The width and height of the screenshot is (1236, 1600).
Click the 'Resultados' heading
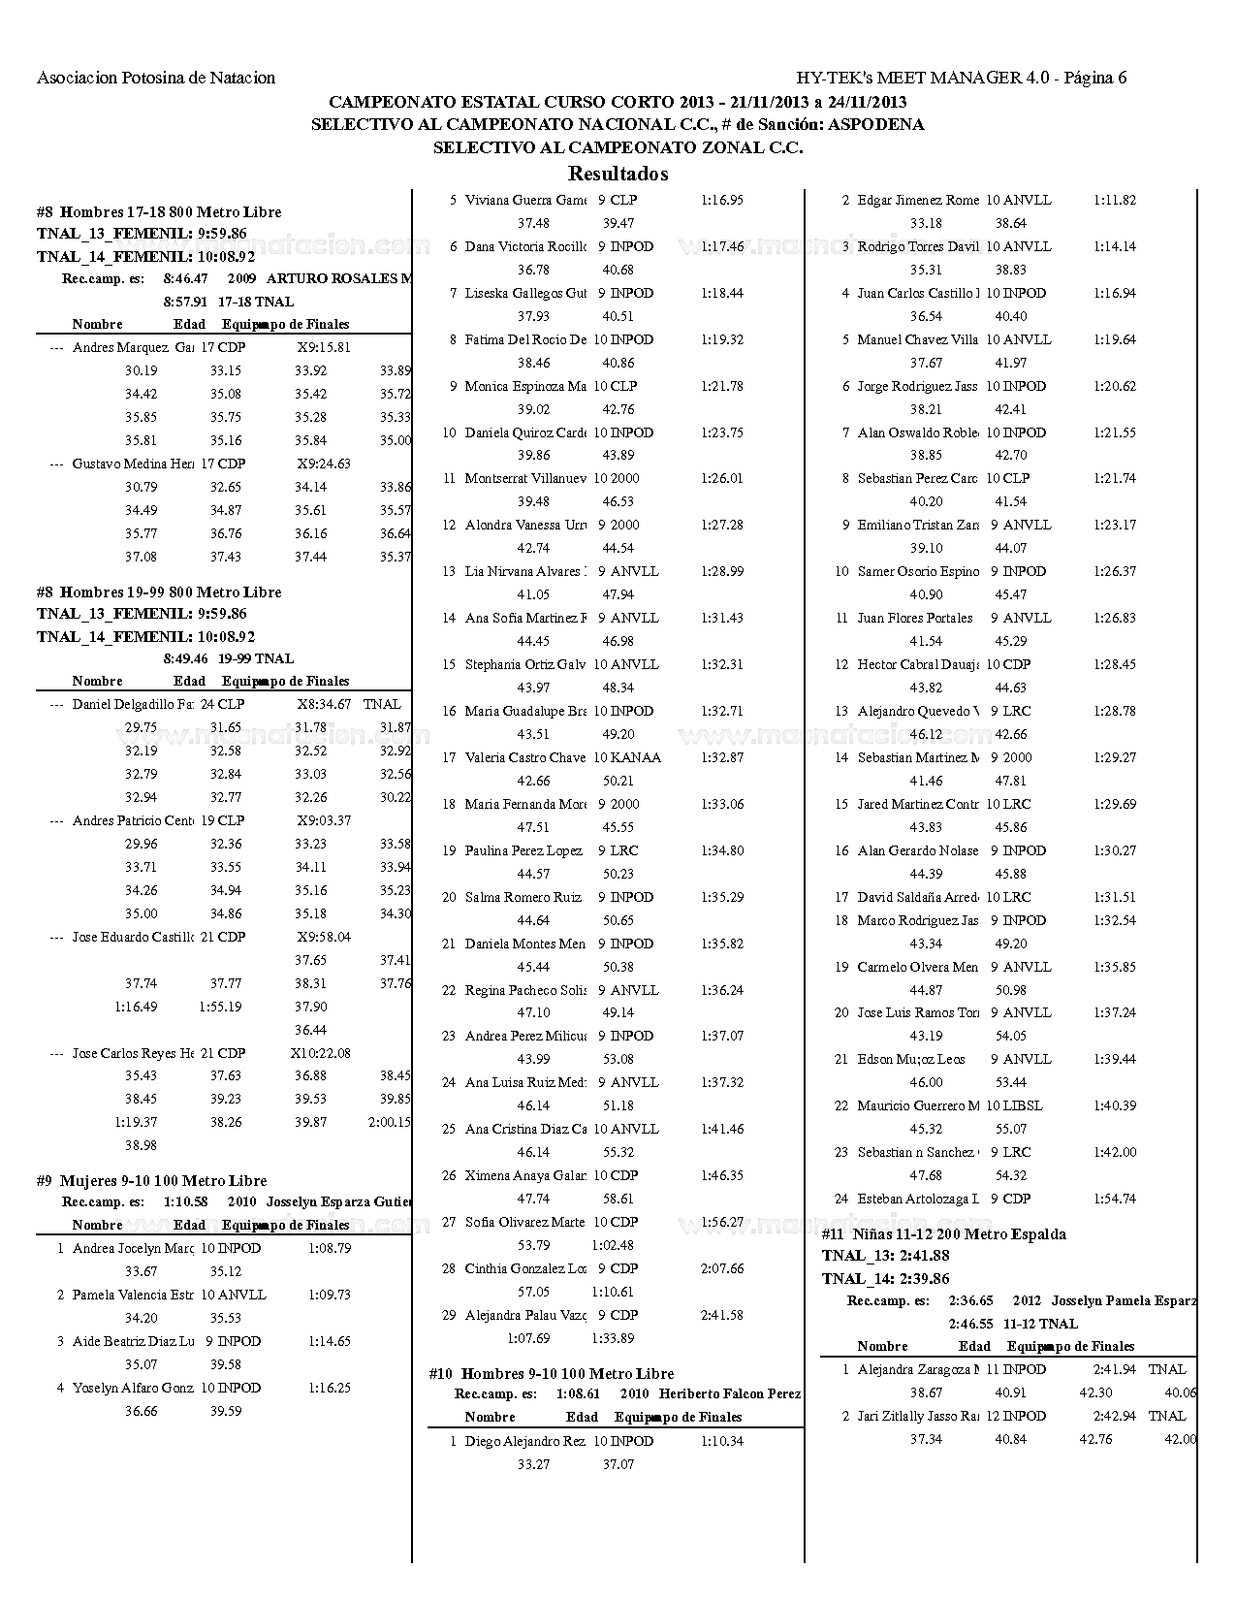coord(618,175)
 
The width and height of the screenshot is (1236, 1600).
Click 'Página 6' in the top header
coord(1094,78)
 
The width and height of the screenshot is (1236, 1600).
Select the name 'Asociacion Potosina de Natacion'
coord(156,78)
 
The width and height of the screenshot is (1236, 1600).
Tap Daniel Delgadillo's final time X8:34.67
coord(324,704)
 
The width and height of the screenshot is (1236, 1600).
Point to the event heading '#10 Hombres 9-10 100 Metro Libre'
coord(551,1373)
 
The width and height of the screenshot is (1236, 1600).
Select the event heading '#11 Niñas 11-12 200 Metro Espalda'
coord(943,1234)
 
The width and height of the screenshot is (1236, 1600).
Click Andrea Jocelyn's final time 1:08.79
coord(330,1248)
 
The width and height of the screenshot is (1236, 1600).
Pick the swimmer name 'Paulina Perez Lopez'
coord(523,850)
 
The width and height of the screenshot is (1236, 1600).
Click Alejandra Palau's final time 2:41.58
coord(721,1315)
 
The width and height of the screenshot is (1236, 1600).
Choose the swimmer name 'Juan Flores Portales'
coord(914,618)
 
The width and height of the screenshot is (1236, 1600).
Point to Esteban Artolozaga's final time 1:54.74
coord(1114,1199)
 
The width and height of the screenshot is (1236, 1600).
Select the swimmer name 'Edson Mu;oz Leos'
coord(910,1059)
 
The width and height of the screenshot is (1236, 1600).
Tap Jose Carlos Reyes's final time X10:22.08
coord(320,1053)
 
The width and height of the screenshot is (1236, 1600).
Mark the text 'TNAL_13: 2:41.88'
coord(885,1256)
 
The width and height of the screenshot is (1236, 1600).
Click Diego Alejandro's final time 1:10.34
coord(721,1441)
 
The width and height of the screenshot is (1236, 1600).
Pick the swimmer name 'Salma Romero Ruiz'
coord(523,897)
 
